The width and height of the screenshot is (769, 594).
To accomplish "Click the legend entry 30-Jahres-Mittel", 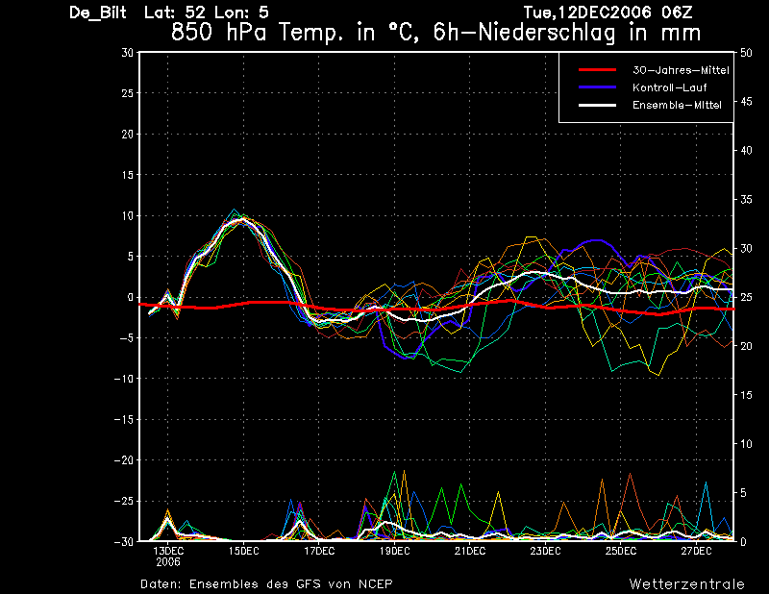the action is click(681, 70).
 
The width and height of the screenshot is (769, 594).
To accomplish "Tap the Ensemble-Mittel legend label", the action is click(677, 105).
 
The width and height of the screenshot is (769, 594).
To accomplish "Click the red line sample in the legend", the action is click(597, 70).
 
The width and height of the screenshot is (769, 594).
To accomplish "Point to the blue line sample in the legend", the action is click(597, 87).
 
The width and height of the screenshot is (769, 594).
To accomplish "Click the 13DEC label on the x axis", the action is click(168, 552).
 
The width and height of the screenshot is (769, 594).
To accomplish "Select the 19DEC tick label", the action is click(394, 552).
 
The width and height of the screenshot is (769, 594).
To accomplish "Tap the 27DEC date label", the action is click(696, 552).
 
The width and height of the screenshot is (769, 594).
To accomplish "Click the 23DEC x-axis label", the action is click(545, 552).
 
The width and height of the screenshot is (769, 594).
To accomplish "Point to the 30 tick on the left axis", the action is click(128, 53).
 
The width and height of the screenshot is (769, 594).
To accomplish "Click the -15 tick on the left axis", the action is click(124, 420).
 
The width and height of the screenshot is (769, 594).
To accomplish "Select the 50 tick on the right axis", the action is click(746, 53).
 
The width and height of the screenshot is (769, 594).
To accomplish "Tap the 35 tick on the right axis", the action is click(746, 200).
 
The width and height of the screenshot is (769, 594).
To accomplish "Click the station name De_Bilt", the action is click(98, 12).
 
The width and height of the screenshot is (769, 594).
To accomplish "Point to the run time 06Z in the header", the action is click(678, 12).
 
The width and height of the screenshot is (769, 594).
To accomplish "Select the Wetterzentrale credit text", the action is click(687, 583).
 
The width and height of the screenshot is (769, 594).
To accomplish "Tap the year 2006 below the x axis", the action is click(168, 562).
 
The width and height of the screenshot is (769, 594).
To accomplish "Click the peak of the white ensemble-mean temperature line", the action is click(242, 220).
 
